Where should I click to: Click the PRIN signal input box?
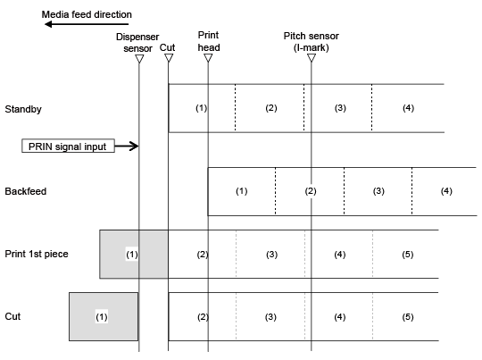(x=68, y=146)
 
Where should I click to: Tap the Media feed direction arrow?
(x=87, y=24)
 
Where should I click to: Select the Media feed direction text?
(x=87, y=14)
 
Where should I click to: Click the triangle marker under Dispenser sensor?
(x=139, y=58)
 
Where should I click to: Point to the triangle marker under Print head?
(x=208, y=57)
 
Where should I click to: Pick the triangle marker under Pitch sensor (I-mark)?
(x=312, y=57)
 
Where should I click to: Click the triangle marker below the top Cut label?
(x=169, y=57)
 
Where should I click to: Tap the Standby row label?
(x=23, y=109)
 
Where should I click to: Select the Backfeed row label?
(x=26, y=191)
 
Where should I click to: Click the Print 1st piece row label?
(x=37, y=254)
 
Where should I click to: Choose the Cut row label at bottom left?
(x=12, y=316)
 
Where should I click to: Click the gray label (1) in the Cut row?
(x=102, y=316)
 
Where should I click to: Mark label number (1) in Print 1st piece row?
(x=132, y=255)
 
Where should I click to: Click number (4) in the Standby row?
(x=408, y=108)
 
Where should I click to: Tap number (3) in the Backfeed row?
(x=378, y=191)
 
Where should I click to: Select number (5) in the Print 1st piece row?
(x=408, y=255)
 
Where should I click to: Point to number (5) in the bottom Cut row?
(x=408, y=316)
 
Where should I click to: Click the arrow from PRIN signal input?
(x=127, y=146)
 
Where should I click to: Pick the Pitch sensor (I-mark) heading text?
(x=312, y=41)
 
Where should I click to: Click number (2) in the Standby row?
(x=271, y=108)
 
